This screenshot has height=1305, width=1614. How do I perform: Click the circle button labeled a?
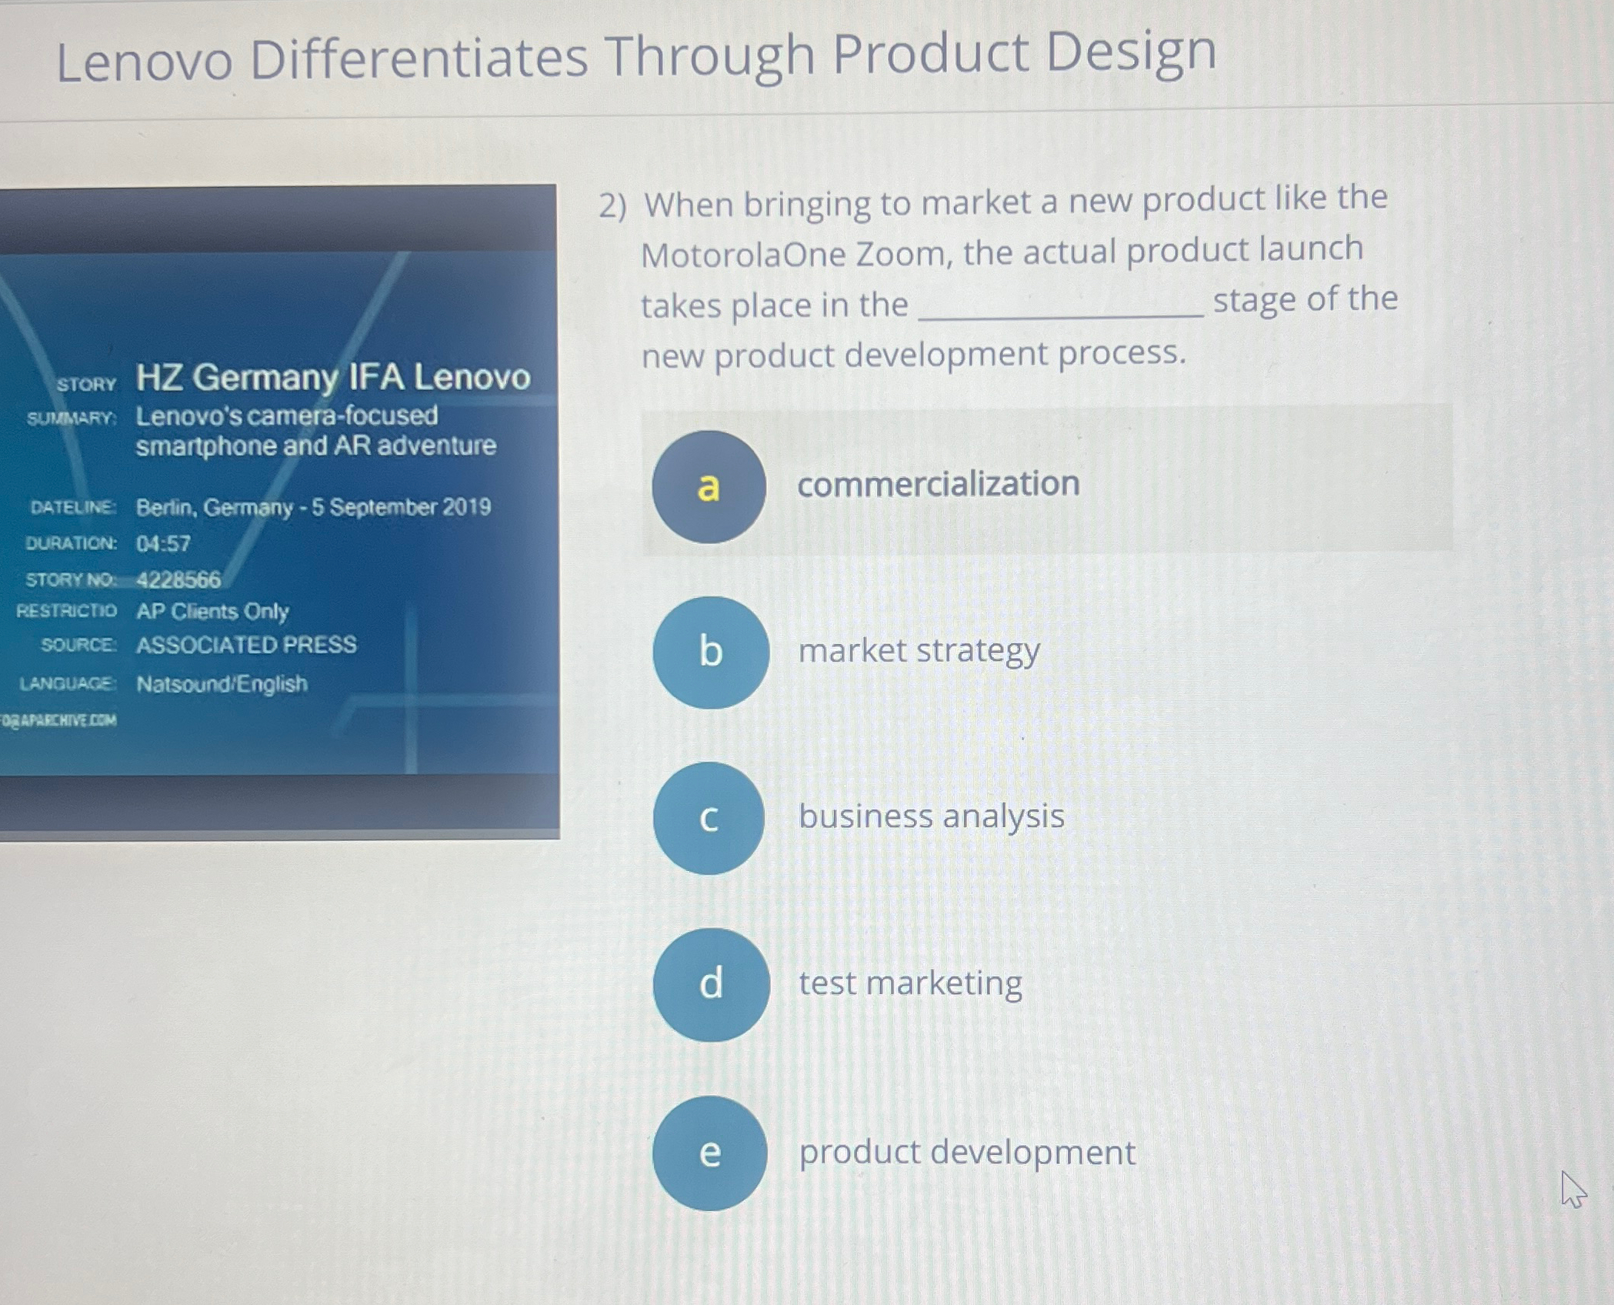pyautogui.click(x=709, y=487)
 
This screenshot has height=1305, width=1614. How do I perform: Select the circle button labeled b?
pyautogui.click(x=711, y=652)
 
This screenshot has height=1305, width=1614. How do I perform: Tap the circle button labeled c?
pyautogui.click(x=709, y=818)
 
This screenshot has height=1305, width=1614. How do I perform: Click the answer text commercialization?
pyautogui.click(x=939, y=484)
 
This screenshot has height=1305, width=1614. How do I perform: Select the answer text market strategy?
pyautogui.click(x=919, y=652)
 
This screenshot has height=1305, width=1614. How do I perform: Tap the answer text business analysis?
pyautogui.click(x=932, y=817)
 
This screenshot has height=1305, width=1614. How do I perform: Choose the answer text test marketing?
pyautogui.click(x=911, y=983)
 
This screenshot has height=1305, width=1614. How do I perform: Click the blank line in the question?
pyautogui.click(x=1062, y=315)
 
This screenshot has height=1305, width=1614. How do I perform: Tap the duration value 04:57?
pyautogui.click(x=163, y=544)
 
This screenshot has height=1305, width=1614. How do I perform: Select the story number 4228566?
pyautogui.click(x=178, y=579)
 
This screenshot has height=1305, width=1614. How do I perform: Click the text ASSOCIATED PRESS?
pyautogui.click(x=246, y=645)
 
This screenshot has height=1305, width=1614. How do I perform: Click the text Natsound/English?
pyautogui.click(x=222, y=684)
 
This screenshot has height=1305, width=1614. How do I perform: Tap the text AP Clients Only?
pyautogui.click(x=212, y=612)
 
